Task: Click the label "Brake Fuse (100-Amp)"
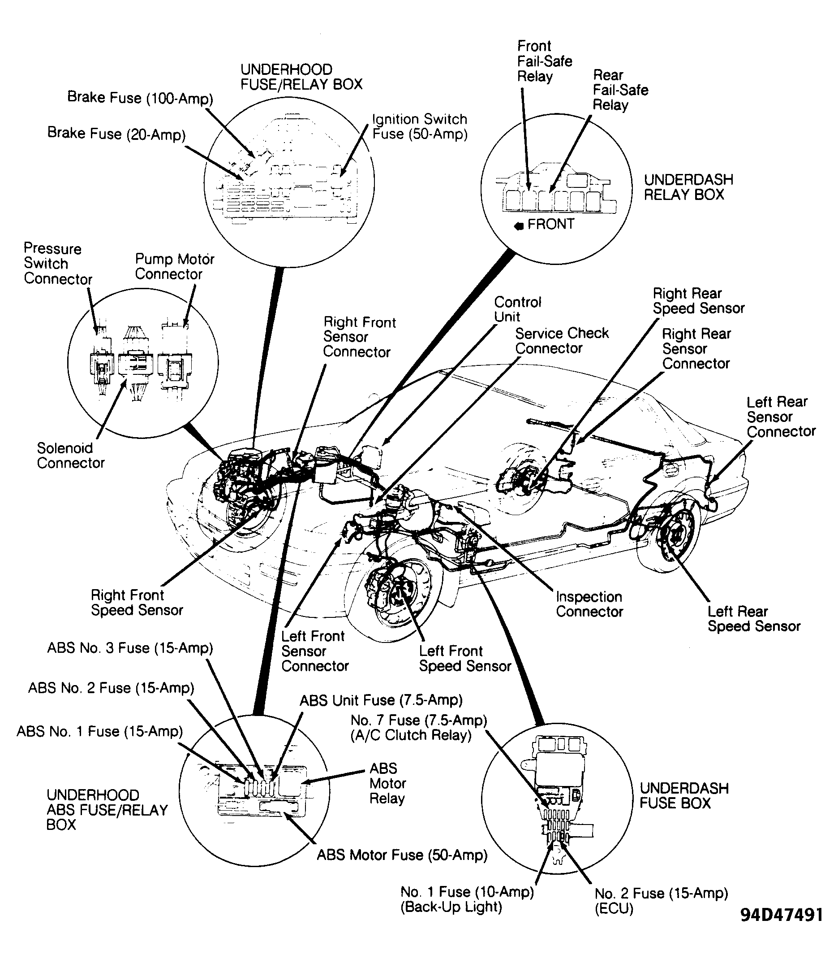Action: pos(140,98)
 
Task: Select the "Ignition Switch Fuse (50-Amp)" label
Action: pos(419,126)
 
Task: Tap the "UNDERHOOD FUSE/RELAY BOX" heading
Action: pos(301,77)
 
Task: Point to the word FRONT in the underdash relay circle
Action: pos(550,224)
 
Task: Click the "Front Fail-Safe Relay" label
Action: pos(544,61)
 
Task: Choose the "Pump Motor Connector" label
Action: pos(174,266)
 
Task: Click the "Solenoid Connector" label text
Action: pos(70,455)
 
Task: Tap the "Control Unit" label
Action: pos(517,309)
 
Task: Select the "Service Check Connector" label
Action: pos(562,341)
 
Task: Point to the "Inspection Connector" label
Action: pos(589,603)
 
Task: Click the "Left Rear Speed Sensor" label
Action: pos(753,619)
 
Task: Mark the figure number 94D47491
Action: pos(782,915)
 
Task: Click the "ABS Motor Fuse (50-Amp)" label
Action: pos(402,855)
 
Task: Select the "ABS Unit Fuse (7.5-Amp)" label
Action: pos(381,700)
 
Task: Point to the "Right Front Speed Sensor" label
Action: pos(137,602)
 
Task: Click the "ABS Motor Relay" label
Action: pos(387,783)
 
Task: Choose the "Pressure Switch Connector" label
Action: pos(57,264)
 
